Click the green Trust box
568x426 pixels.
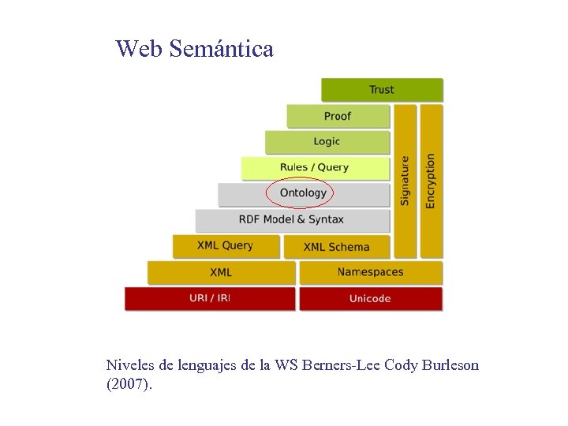[382, 90]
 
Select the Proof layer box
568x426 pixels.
[338, 116]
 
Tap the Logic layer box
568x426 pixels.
[327, 142]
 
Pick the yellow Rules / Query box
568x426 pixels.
[315, 167]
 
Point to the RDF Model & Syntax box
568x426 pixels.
[292, 219]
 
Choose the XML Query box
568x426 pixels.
[226, 246]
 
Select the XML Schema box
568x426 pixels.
[336, 246]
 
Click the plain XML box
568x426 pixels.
[221, 272]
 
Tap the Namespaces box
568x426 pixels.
[370, 272]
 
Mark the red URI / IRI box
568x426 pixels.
[209, 298]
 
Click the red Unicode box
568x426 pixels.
[370, 298]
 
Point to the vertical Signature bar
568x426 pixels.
[405, 181]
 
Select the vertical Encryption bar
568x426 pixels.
[431, 181]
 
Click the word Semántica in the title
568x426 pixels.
[222, 49]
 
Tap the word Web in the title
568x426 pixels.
[139, 49]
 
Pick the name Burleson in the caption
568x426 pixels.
[447, 366]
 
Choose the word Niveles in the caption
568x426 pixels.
[130, 366]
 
